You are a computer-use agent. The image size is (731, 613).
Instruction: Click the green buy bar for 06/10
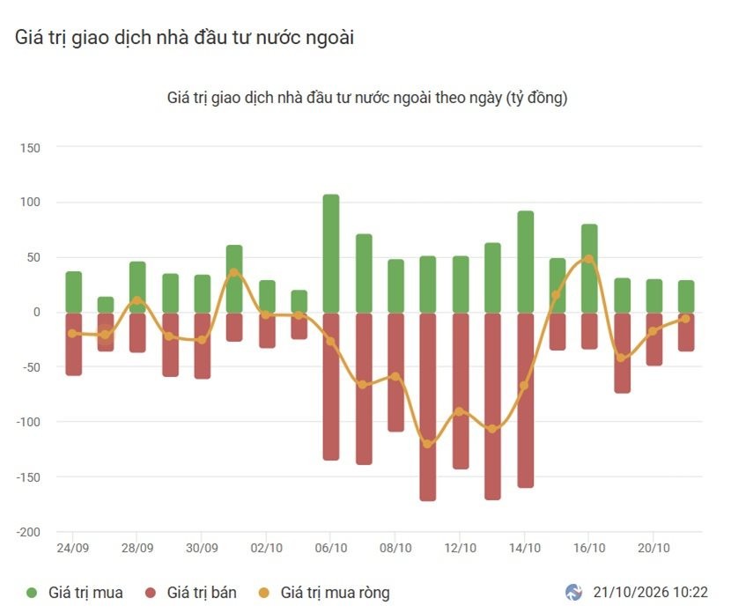[331, 253]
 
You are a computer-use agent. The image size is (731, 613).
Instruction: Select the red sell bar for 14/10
[526, 401]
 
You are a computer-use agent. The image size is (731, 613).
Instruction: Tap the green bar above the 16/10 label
[589, 268]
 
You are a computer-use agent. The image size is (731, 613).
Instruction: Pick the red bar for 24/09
[74, 344]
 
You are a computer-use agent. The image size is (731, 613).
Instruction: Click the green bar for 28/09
[137, 287]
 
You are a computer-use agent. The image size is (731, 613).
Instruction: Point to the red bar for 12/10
[461, 391]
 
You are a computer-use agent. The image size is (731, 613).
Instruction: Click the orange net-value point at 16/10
[589, 259]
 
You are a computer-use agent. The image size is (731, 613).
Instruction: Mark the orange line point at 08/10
[395, 377]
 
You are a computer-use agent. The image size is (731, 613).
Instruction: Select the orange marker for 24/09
[72, 333]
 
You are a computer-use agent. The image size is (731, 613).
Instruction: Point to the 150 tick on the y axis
[30, 148]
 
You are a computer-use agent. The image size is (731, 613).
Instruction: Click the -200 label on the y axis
[28, 532]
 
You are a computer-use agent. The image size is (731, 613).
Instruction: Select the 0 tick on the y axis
[37, 313]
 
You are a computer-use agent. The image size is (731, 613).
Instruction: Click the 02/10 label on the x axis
[266, 548]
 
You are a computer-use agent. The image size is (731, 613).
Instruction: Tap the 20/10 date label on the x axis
[653, 548]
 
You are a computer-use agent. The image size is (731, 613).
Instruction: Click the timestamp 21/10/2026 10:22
[650, 592]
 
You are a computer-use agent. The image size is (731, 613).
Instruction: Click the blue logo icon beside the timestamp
[574, 593]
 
